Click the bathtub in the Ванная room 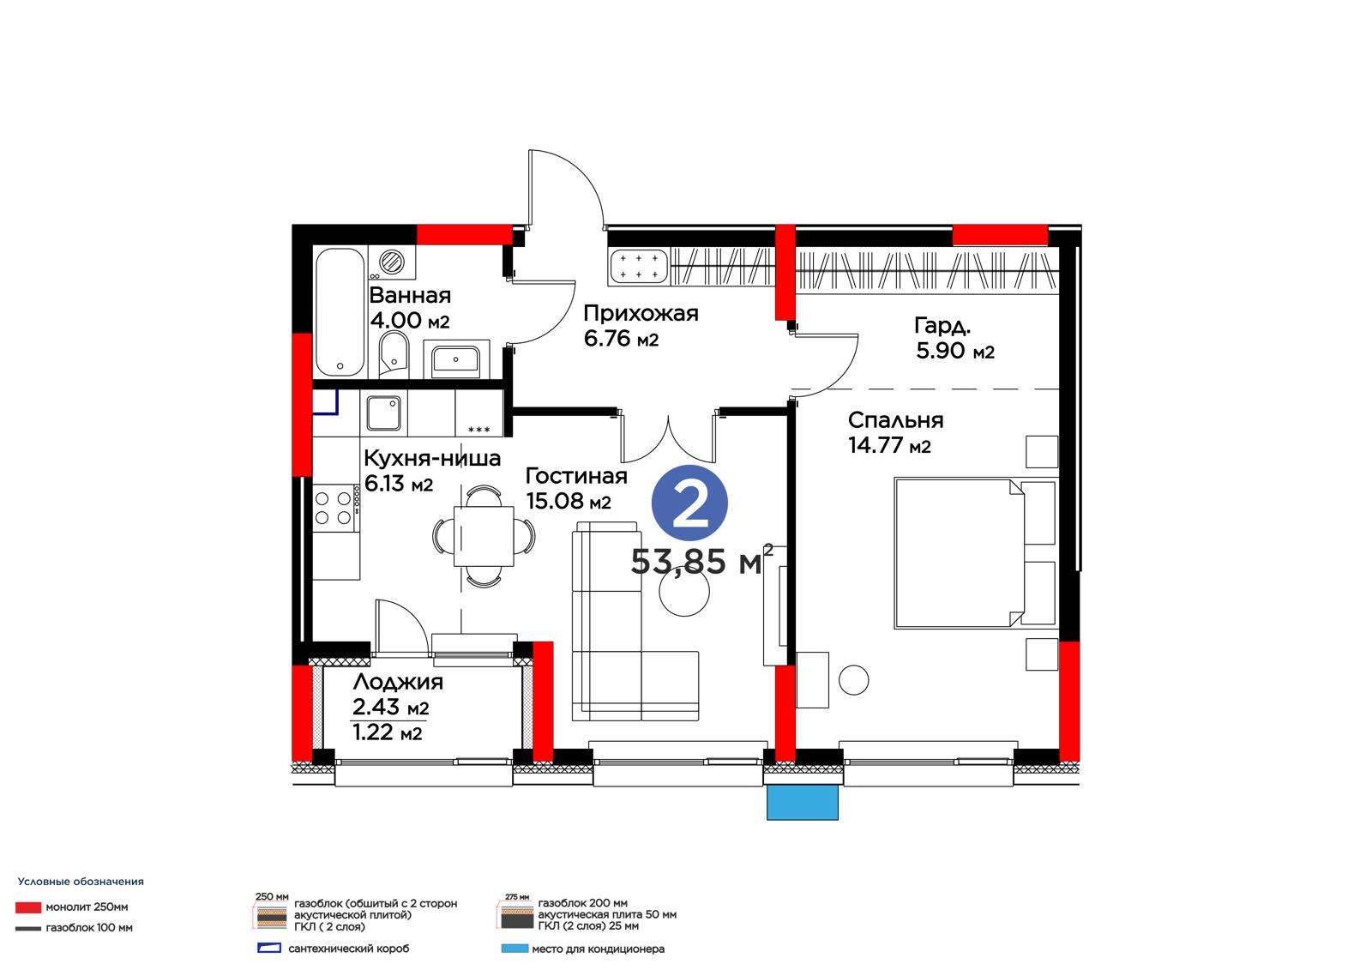[340, 312]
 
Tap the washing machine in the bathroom [392, 262]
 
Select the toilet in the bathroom [394, 353]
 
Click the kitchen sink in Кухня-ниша [384, 413]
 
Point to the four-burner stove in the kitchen [335, 508]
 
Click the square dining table [484, 535]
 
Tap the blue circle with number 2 [689, 503]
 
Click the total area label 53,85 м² [702, 560]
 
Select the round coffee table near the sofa [684, 591]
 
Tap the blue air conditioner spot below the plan [803, 803]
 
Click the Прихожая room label [641, 313]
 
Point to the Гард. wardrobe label [942, 326]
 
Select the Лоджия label [398, 681]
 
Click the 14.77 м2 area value [889, 445]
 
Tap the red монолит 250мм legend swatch [28, 907]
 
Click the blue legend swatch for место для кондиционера [514, 949]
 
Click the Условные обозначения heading [81, 882]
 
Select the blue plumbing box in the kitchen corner [325, 402]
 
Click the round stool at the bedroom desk [853, 680]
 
